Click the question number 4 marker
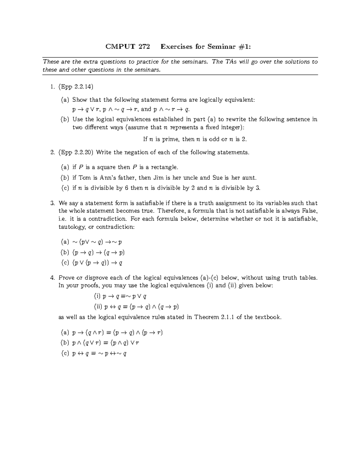point(52,278)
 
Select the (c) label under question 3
point(65,263)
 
